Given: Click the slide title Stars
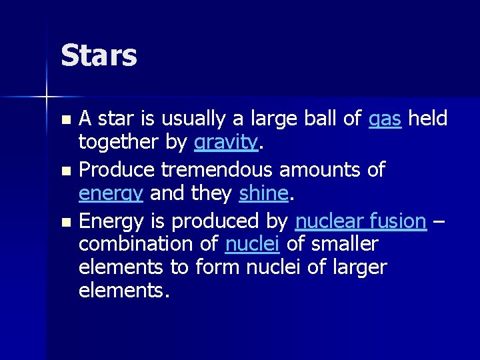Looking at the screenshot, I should click(99, 55).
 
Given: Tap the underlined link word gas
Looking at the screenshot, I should click(385, 120).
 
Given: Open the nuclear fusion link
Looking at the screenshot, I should click(361, 220).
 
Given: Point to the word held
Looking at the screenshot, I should click(427, 119).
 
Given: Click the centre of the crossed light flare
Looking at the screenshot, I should click(47, 97).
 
